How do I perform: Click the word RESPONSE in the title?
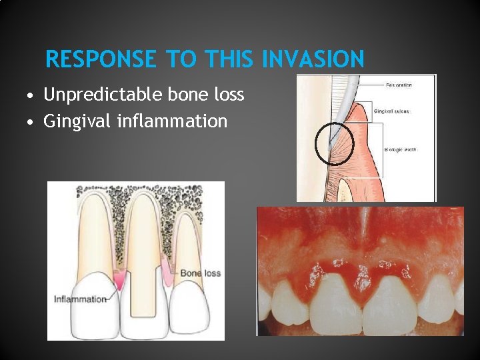100,60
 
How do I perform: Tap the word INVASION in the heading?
313,60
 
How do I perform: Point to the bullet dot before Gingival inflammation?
32,122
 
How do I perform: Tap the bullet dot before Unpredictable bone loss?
32,96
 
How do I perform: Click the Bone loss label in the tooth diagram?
200,273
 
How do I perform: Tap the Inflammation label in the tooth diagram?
79,299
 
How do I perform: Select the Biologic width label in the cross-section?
400,150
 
